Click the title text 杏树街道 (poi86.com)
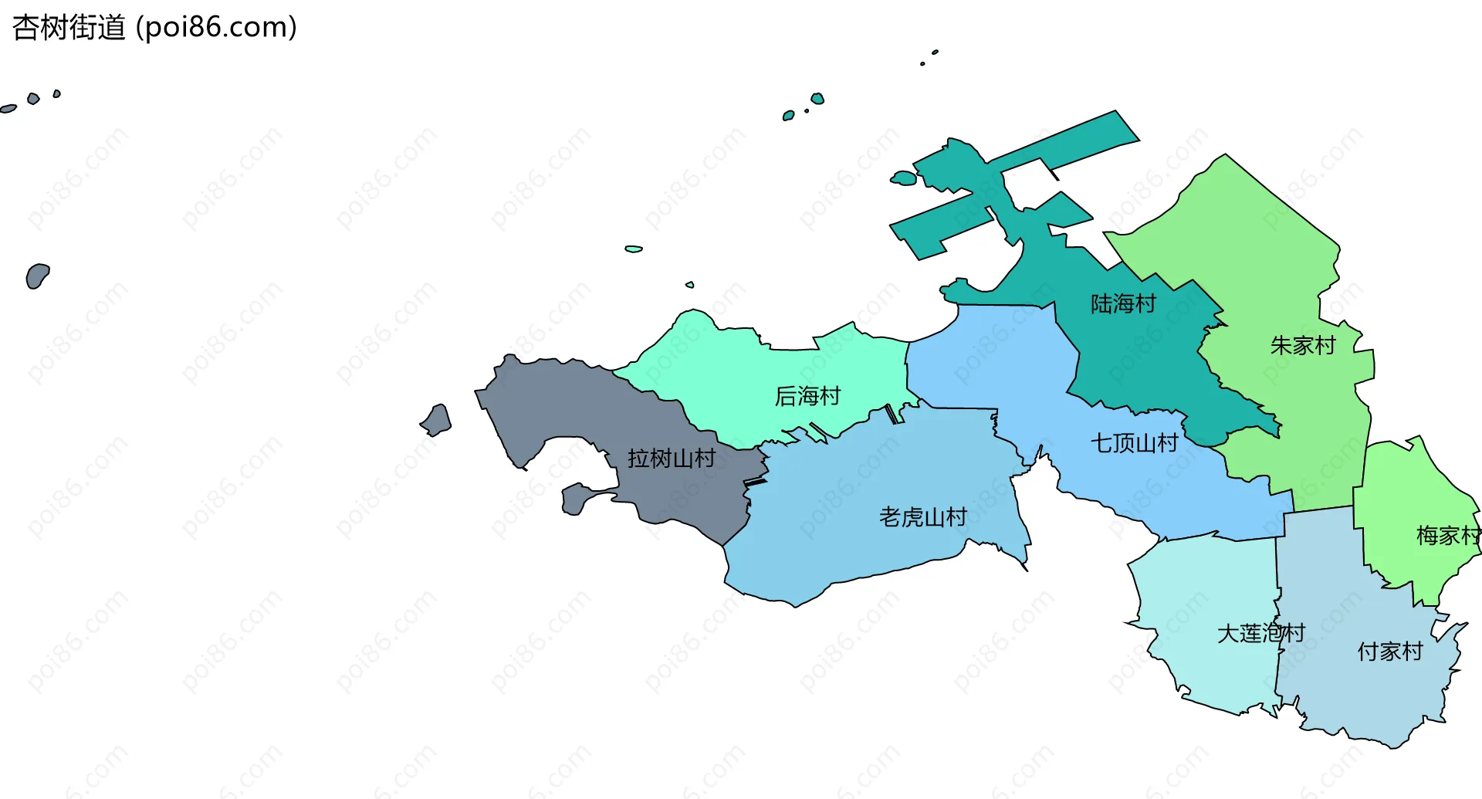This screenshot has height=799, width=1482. (154, 28)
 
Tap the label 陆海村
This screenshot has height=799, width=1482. (1123, 304)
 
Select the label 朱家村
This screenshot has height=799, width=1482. (1303, 346)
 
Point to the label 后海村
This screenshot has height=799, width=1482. (807, 397)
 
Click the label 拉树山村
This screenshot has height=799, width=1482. (671, 459)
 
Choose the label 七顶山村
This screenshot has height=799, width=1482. (1134, 443)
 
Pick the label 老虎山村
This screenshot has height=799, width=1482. (922, 517)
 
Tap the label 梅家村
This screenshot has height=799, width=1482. (1447, 536)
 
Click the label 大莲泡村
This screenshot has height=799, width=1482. (1260, 634)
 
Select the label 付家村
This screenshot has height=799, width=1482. (1389, 652)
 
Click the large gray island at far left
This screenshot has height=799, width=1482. (36, 276)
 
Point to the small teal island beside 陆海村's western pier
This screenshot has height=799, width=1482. (903, 178)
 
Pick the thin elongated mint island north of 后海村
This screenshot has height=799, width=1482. (634, 249)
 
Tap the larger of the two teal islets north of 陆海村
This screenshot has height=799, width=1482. (817, 99)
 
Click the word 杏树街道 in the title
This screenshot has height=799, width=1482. (69, 28)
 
